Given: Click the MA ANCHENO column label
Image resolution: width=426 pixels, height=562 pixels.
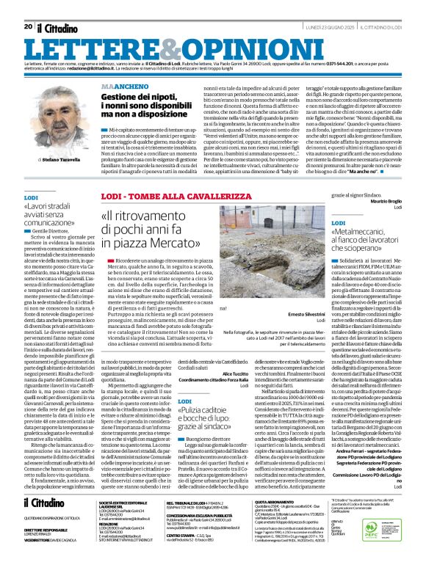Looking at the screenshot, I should [x=123, y=87].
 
